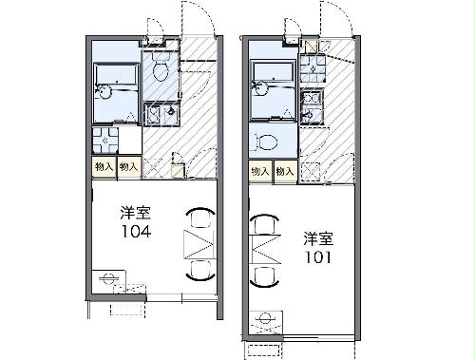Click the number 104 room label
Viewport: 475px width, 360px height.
(132, 230)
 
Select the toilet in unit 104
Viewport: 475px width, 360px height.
(160, 71)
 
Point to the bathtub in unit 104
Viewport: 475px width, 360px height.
(115, 77)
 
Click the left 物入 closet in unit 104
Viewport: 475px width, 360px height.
(104, 167)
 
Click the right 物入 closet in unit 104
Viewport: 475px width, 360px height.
(129, 167)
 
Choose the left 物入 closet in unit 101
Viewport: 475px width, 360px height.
(260, 171)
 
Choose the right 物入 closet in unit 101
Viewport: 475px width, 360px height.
(284, 171)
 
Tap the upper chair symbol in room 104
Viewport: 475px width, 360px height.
(199, 218)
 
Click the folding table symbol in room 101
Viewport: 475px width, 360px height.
(263, 253)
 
